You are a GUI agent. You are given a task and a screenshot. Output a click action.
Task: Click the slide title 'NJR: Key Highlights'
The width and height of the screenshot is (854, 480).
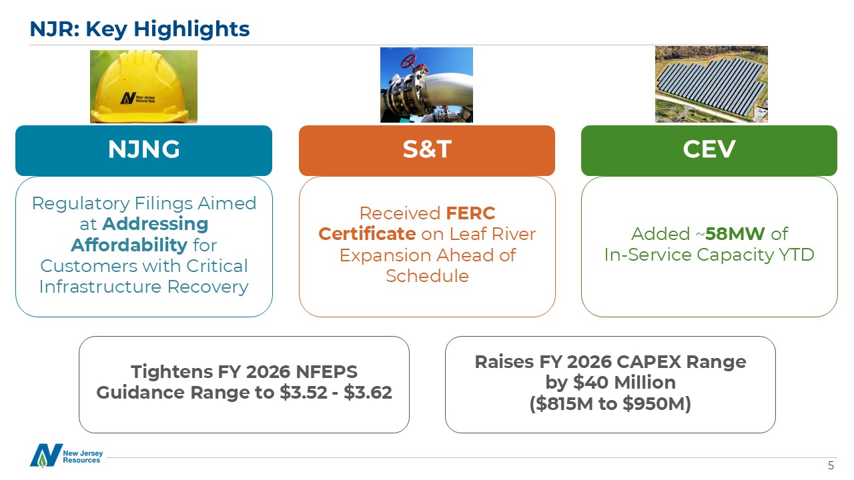pyautogui.click(x=139, y=29)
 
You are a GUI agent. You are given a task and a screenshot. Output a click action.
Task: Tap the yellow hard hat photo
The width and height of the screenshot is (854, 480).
pyautogui.click(x=143, y=87)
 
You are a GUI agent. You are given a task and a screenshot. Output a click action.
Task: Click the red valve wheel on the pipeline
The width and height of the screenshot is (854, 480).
pyautogui.click(x=408, y=61)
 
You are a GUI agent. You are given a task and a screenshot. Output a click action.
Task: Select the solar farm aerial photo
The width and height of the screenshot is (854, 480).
pyautogui.click(x=711, y=84)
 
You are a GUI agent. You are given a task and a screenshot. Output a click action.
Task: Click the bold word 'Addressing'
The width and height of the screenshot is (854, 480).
pyautogui.click(x=155, y=223)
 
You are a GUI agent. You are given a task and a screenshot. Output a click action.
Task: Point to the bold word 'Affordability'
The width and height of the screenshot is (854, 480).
pyautogui.click(x=129, y=245)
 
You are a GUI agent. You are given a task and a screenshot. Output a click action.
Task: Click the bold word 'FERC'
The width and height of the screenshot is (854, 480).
pyautogui.click(x=470, y=213)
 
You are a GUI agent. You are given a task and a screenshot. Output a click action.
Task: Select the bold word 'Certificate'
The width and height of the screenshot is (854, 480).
pyautogui.click(x=367, y=234)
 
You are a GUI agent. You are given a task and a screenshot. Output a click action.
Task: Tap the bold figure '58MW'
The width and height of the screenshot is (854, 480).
pyautogui.click(x=735, y=234)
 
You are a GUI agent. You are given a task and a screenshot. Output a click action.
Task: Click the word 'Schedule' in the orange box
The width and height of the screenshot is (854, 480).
pyautogui.click(x=427, y=276)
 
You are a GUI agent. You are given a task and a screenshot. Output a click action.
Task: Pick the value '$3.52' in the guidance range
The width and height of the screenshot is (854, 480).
pyautogui.click(x=304, y=393)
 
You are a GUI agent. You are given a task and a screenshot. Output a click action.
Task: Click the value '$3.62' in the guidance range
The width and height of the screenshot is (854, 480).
pyautogui.click(x=368, y=393)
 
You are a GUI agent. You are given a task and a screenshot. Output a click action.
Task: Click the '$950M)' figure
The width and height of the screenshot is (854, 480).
pyautogui.click(x=657, y=404)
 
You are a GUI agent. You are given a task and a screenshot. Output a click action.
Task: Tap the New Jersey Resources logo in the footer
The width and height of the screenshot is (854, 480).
pyautogui.click(x=66, y=455)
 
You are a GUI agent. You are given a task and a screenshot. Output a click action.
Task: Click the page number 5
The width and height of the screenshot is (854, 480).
pyautogui.click(x=831, y=465)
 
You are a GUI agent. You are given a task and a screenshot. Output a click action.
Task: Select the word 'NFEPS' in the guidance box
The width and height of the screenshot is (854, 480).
pyautogui.click(x=327, y=372)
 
